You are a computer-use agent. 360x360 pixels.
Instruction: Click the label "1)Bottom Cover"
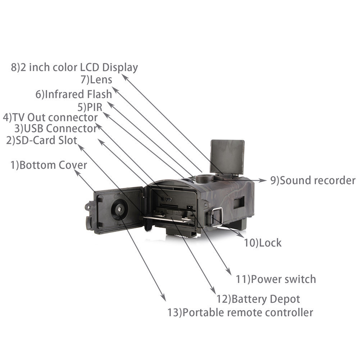pos(49,165)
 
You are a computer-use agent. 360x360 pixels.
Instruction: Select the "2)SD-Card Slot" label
pos(42,140)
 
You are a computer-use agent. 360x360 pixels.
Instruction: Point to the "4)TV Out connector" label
pos(50,117)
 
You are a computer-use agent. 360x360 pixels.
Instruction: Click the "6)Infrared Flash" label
pos(73,94)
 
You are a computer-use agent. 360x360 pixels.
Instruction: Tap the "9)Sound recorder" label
pos(313,180)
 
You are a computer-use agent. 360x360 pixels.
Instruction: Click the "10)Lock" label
pos(263,243)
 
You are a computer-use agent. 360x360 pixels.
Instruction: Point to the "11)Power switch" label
pos(275,279)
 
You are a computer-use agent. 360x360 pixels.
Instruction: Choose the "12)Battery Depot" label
pos(258,299)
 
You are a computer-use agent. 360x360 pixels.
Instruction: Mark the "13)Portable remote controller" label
pos(240,312)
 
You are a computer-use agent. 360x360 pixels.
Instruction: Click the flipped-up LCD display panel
pos(227,156)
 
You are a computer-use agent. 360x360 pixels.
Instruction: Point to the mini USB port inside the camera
pos(170,198)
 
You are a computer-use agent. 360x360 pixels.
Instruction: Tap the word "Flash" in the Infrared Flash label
pos(100,94)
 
